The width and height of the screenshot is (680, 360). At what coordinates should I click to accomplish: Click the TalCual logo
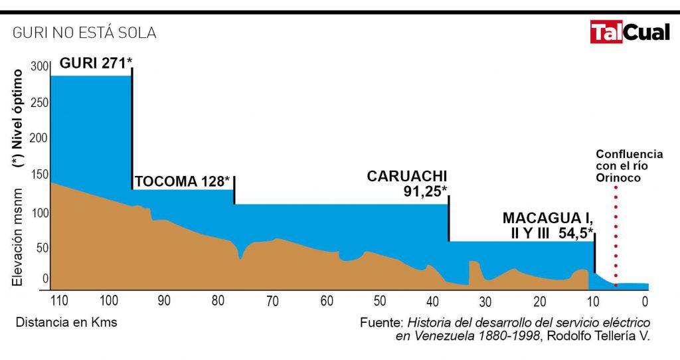(630, 31)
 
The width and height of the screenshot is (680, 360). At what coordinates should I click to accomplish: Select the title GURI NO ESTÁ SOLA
(84, 33)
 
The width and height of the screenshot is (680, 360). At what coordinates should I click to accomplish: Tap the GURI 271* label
(96, 63)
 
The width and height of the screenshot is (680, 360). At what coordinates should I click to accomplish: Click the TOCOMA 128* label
(182, 181)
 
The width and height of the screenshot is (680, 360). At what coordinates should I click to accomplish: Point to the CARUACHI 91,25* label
(407, 183)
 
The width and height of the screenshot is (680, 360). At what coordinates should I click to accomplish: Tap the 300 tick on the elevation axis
(40, 67)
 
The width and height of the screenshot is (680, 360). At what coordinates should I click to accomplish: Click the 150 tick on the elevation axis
(40, 175)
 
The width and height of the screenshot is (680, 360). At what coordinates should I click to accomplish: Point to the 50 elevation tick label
(42, 248)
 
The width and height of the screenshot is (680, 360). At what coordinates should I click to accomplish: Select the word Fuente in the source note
(381, 323)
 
